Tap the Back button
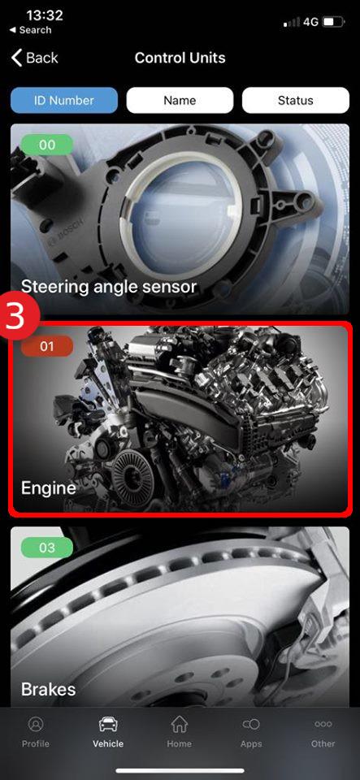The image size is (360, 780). click(35, 58)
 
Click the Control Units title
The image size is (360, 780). click(180, 58)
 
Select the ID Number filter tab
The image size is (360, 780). click(64, 101)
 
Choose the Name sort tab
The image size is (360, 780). click(180, 101)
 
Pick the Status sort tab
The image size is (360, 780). click(295, 101)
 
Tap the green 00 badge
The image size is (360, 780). click(47, 145)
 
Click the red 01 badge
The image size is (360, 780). click(47, 346)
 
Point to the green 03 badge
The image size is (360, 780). click(47, 548)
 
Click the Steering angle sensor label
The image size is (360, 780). click(109, 287)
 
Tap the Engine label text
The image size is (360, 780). click(48, 488)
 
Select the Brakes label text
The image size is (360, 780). click(48, 689)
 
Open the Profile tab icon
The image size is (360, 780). click(35, 724)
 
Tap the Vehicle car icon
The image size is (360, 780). click(108, 724)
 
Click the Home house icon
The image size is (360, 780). click(179, 724)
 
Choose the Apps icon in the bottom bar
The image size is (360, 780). click(251, 724)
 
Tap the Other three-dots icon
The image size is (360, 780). click(323, 724)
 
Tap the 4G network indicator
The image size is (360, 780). click(310, 22)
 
